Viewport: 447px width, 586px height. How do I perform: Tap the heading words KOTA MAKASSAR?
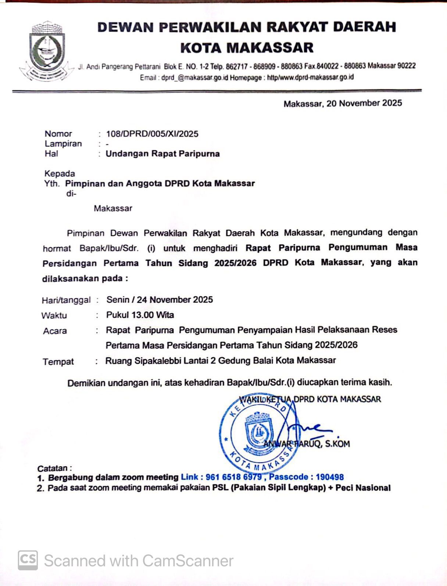click(x=247, y=48)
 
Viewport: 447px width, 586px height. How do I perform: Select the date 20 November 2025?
click(x=364, y=103)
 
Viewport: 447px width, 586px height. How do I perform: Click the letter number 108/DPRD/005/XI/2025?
click(x=152, y=134)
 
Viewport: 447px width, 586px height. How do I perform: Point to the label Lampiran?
click(x=63, y=144)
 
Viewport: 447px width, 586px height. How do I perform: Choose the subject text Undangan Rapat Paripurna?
click(x=162, y=153)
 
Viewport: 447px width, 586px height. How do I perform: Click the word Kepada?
click(x=60, y=173)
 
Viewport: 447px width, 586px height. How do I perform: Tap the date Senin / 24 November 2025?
click(x=160, y=300)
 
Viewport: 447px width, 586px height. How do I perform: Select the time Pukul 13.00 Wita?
click(x=140, y=315)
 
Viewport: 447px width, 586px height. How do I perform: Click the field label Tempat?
click(x=58, y=362)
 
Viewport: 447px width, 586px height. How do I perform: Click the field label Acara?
click(x=55, y=331)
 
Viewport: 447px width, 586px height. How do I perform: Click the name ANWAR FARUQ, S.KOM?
click(x=307, y=444)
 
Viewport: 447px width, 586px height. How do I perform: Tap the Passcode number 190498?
click(x=329, y=477)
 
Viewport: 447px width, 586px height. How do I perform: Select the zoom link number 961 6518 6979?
click(x=233, y=477)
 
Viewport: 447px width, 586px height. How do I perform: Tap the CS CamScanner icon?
click(x=28, y=560)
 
